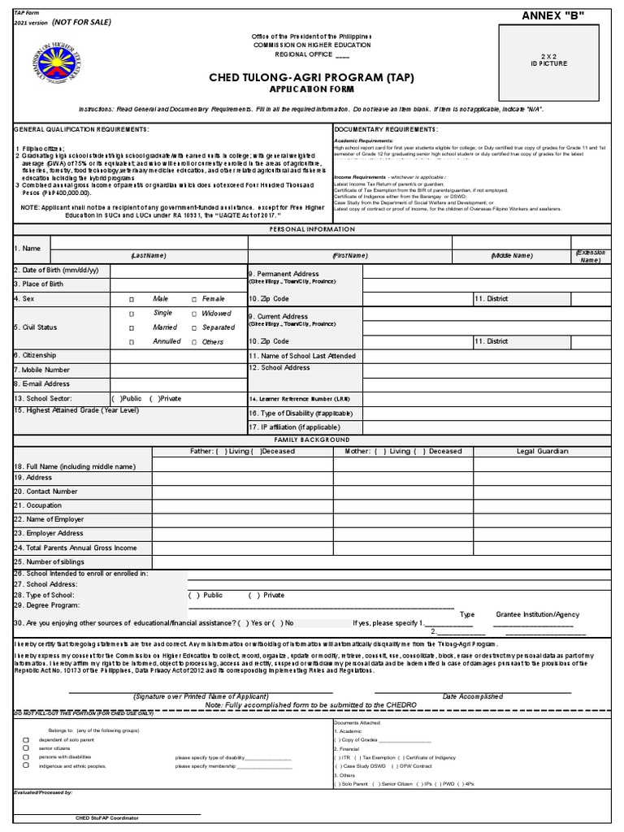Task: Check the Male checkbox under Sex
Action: pos(131,299)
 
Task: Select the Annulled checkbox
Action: pos(131,342)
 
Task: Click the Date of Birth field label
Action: pos(56,270)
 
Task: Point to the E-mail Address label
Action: pos(41,383)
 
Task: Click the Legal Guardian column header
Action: pos(542,451)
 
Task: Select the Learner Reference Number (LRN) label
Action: pos(301,399)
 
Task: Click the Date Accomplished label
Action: pos(472,696)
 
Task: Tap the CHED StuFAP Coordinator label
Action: pos(106,817)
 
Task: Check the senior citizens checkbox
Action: pos(26,748)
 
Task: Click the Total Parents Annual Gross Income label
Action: pos(76,548)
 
